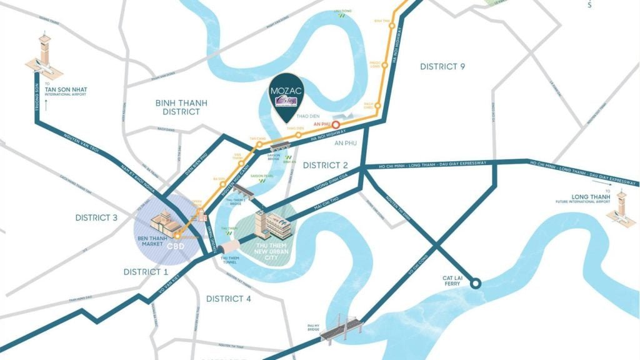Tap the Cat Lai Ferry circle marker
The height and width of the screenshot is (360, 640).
476,284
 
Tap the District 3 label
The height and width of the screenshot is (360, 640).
97,217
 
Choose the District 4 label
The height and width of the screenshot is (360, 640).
229,299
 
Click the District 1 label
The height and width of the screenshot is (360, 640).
146,271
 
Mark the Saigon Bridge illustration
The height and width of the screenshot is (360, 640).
275,146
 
